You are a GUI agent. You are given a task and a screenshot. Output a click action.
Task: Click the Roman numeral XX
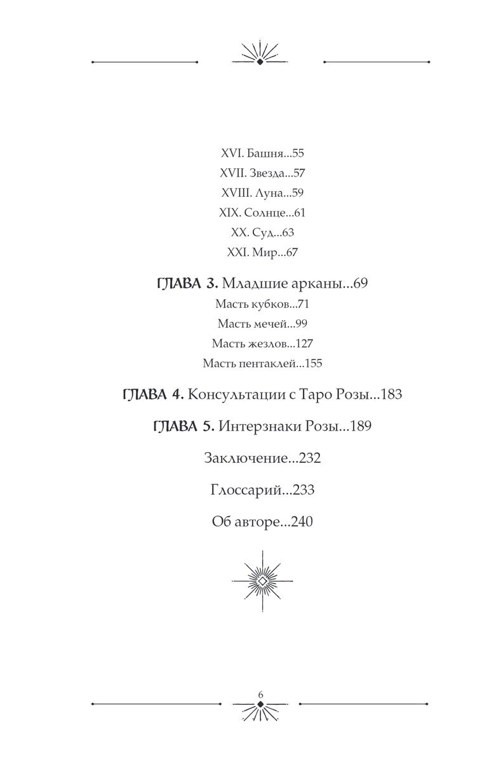point(236,232)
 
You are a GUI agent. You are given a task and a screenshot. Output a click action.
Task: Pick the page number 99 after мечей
point(301,324)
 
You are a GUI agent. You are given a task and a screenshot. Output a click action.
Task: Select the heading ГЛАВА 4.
point(152,394)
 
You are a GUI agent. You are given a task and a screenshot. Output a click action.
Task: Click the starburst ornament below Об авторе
point(262,581)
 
